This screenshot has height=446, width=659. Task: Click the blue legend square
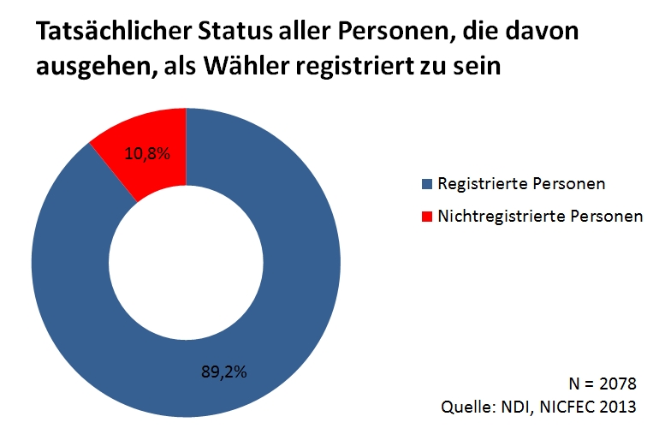point(427,184)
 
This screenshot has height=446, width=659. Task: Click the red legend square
point(427,217)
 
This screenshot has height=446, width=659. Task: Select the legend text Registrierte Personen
point(510,184)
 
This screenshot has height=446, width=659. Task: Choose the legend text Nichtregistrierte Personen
point(539,217)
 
